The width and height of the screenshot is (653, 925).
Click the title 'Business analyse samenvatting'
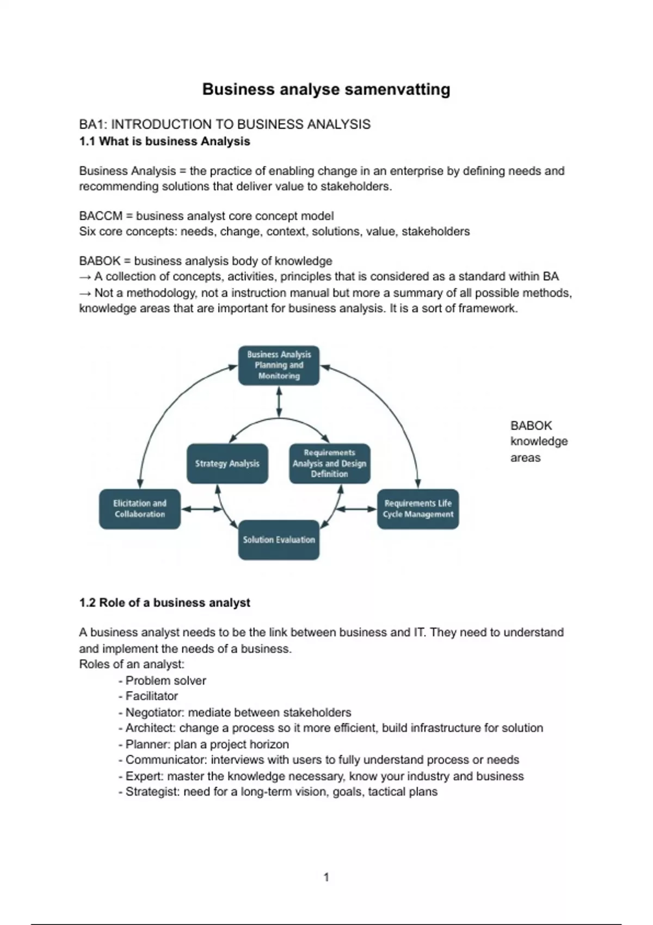click(x=326, y=89)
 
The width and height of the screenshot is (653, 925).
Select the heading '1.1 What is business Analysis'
click(x=164, y=141)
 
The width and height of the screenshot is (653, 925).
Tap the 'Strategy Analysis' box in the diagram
click(x=227, y=464)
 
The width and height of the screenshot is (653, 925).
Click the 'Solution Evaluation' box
click(x=279, y=540)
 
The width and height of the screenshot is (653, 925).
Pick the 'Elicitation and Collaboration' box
click(x=139, y=509)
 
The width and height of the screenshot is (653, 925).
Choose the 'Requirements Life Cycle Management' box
click(x=418, y=509)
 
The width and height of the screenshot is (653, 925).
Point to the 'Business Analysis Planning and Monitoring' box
click(x=279, y=365)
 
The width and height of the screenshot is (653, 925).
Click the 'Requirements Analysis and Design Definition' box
click(x=329, y=464)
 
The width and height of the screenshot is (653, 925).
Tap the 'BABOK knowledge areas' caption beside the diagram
click(x=538, y=441)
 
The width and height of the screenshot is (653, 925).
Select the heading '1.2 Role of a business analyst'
click(x=164, y=603)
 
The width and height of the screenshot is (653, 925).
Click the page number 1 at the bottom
click(x=326, y=877)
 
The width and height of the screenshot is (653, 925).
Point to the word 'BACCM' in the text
click(x=101, y=216)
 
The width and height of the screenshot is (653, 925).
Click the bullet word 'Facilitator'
click(x=152, y=696)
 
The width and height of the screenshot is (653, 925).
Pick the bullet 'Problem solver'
click(x=165, y=680)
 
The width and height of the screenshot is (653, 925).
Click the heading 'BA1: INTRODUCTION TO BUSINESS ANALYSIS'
click(x=224, y=125)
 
